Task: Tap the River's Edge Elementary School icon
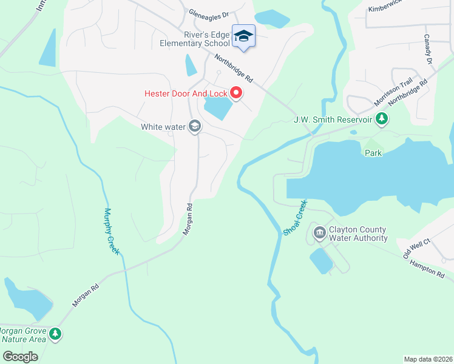click(243, 36)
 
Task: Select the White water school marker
click(195, 126)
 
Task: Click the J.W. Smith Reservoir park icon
click(381, 118)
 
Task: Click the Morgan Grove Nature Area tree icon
click(55, 334)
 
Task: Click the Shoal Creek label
click(295, 217)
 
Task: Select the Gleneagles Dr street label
click(208, 13)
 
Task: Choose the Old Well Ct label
click(417, 249)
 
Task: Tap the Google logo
click(21, 356)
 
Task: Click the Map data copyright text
click(428, 359)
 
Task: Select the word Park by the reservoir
click(373, 153)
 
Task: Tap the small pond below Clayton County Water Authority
click(322, 260)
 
